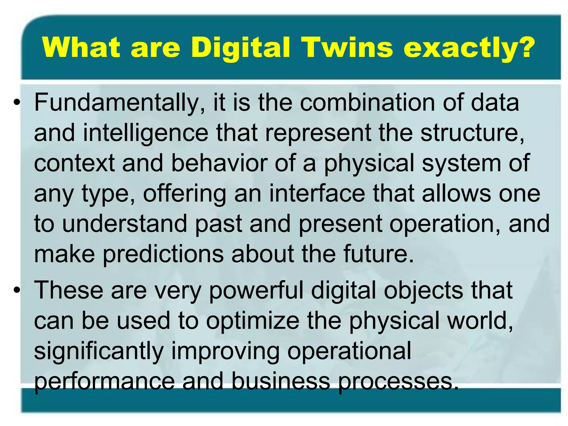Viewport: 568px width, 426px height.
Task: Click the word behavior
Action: click(x=219, y=163)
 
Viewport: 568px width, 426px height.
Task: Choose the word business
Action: click(x=280, y=382)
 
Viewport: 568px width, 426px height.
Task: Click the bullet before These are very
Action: click(x=17, y=290)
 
